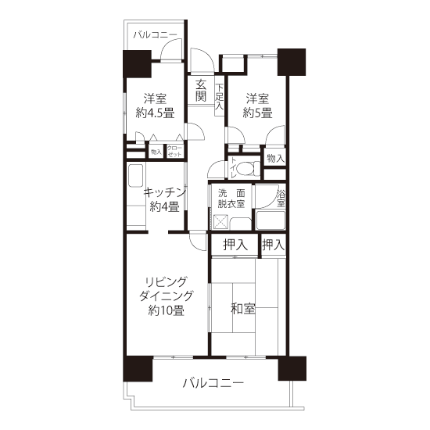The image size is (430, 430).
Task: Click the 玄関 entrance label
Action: (201, 91)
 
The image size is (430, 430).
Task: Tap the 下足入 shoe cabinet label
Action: (220, 97)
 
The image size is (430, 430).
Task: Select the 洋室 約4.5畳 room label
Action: (156, 106)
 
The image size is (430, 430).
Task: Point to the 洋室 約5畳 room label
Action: (257, 106)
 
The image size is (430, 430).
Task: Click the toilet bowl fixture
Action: (248, 168)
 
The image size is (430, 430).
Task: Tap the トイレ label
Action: (232, 168)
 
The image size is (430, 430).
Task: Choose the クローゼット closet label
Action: (174, 151)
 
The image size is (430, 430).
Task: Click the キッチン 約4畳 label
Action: (164, 199)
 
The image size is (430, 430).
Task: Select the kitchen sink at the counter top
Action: (135, 176)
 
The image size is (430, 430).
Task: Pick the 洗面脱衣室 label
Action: (231, 199)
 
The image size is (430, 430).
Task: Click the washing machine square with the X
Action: (220, 222)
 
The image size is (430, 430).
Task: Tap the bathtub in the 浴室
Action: (271, 220)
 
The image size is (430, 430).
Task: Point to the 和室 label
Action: (243, 309)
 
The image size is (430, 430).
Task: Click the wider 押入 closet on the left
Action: (235, 245)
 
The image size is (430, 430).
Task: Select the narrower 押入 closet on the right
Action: (274, 245)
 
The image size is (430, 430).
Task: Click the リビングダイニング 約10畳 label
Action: (167, 296)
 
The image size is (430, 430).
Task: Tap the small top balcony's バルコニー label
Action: (156, 35)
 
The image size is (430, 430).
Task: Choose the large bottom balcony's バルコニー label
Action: (213, 383)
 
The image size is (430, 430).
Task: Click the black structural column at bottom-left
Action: (138, 369)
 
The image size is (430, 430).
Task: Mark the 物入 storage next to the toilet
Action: (274, 158)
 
